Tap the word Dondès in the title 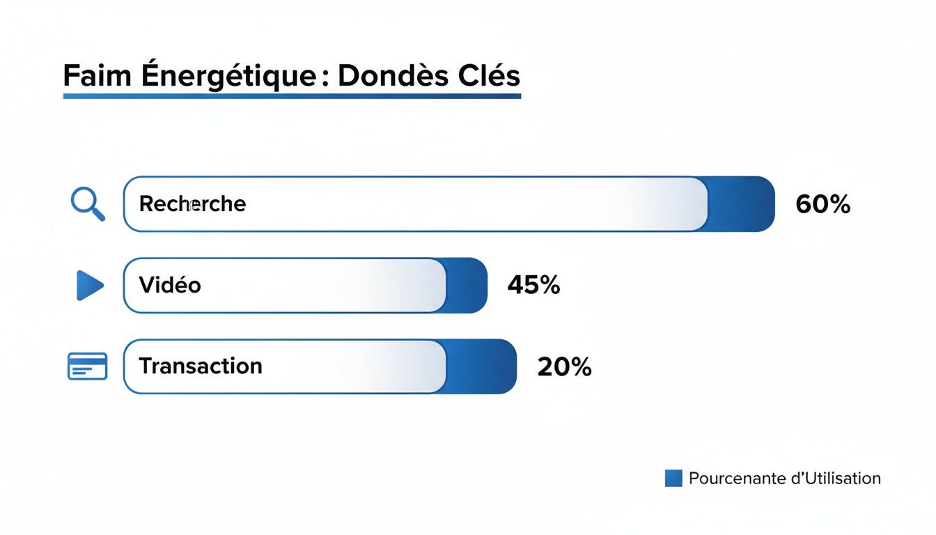pos(384,75)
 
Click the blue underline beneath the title pos(292,95)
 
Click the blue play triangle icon pos(90,286)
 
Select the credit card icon pos(87,366)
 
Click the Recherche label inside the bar pos(192,204)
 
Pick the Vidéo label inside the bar pos(170,285)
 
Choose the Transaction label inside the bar pos(201,366)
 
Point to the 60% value pos(822,204)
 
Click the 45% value pos(533,285)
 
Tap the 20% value pos(564,366)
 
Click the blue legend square pos(673,479)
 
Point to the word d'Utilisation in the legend pos(836,479)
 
